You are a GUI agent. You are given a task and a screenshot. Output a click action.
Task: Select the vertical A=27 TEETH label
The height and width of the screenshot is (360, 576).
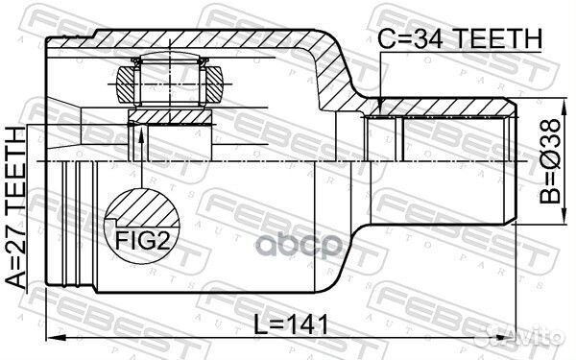point(19,217)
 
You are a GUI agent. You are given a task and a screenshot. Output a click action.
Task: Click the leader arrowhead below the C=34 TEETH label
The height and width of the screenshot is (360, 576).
point(381,106)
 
